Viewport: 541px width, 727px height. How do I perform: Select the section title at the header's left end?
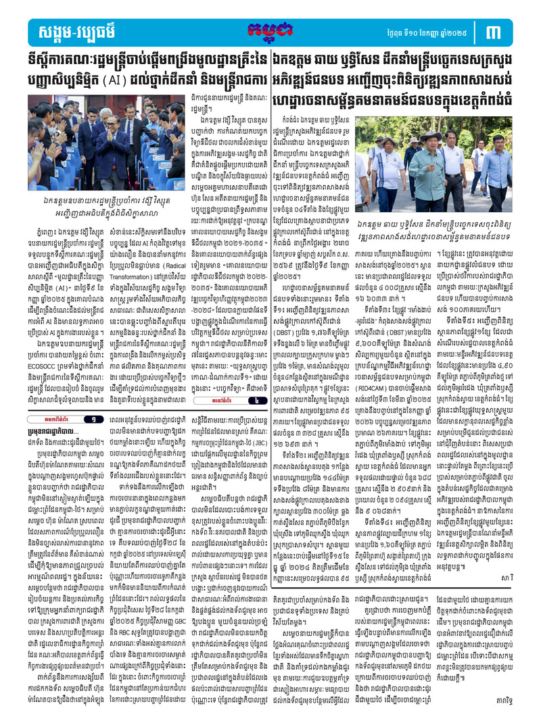pyautogui.click(x=72, y=31)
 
